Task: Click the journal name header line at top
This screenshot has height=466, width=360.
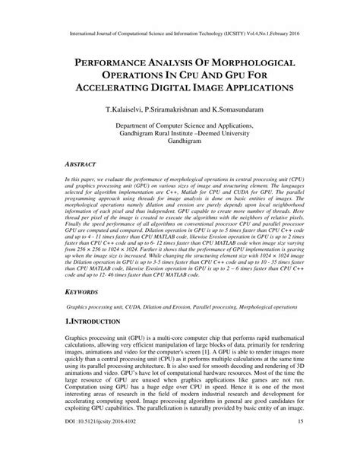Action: [179, 34]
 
